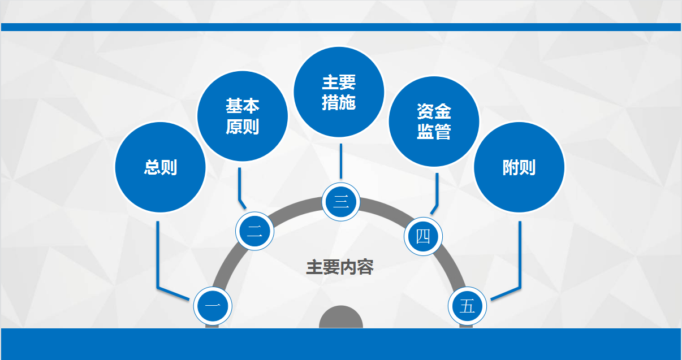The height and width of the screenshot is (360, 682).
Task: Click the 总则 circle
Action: (x=161, y=167)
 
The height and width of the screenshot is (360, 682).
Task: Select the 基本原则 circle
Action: (x=243, y=116)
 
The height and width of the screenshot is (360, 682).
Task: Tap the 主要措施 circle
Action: (x=339, y=92)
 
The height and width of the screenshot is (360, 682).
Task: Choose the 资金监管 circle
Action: (x=434, y=122)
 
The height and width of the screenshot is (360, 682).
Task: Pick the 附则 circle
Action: (x=519, y=167)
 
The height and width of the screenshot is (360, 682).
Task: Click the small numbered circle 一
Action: (x=213, y=306)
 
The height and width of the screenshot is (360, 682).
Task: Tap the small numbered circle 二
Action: (x=254, y=231)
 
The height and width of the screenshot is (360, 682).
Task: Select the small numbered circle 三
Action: (x=341, y=202)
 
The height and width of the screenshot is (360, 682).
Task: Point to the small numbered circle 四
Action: (x=423, y=236)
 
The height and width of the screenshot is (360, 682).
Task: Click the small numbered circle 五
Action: (x=467, y=306)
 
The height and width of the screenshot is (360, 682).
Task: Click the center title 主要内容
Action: (x=340, y=267)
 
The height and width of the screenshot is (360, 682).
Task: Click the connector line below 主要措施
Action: (x=341, y=161)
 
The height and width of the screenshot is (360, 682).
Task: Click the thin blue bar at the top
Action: (x=341, y=27)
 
